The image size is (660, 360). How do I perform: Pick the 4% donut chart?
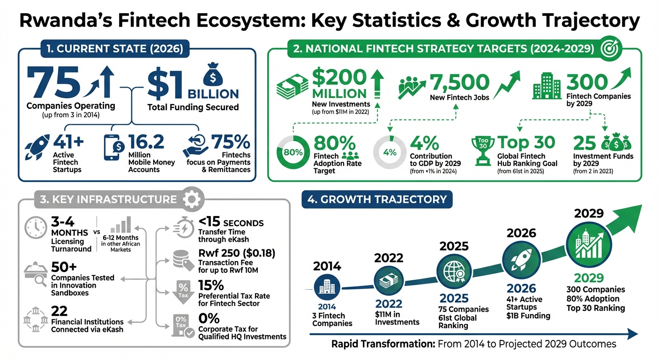[389, 152]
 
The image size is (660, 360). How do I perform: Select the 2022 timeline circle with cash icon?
[389, 281]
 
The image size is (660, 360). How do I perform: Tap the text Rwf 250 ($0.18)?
[237, 253]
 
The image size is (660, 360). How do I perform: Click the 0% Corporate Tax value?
[209, 319]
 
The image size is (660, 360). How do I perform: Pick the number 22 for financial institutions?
[60, 311]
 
